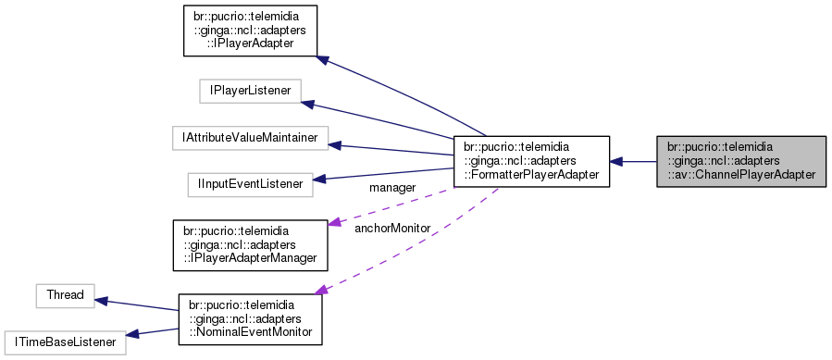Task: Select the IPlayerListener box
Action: [245, 91]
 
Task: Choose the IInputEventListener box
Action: [249, 184]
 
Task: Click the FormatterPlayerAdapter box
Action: [531, 162]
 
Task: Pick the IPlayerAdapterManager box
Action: [251, 243]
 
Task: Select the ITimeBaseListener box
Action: [64, 341]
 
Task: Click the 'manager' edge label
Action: [391, 188]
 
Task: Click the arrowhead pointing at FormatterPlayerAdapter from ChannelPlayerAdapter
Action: [617, 162]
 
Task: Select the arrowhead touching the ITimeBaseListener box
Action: [132, 335]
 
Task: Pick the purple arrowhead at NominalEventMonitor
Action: [322, 291]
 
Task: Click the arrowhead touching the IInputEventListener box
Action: [320, 179]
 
